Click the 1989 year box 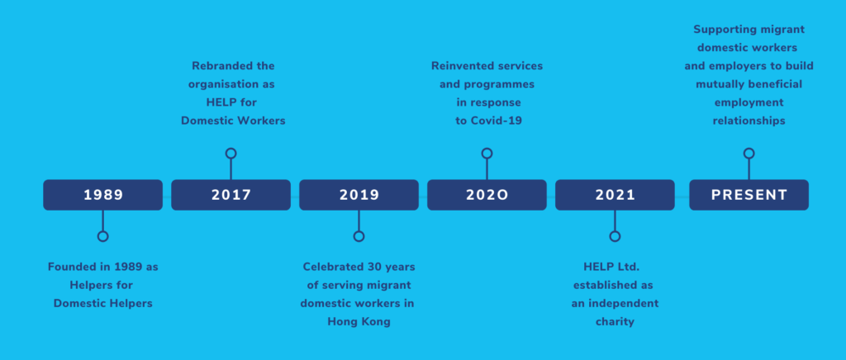pos(102,195)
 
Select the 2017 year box pos(231,195)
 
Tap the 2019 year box pos(359,195)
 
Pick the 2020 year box pos(487,195)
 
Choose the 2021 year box pos(615,195)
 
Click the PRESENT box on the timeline pos(749,195)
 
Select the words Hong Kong pos(359,322)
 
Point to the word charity pos(615,322)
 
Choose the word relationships pos(749,121)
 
